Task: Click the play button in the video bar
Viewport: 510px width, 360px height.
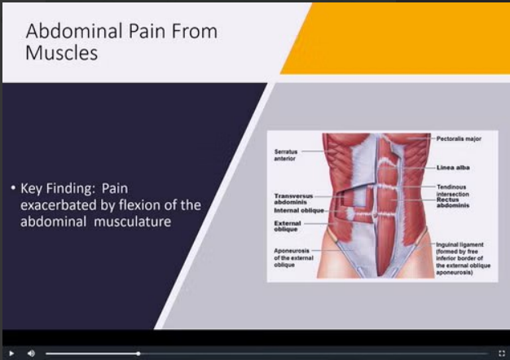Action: tap(11, 353)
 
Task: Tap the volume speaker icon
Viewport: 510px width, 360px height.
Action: tap(31, 353)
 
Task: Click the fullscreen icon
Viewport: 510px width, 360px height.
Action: tap(502, 353)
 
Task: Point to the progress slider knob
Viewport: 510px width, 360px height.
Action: tap(138, 353)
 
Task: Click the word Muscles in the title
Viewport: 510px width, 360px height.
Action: tap(61, 53)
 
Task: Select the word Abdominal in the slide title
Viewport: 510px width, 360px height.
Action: tap(74, 31)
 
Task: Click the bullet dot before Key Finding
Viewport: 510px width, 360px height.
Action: tap(13, 187)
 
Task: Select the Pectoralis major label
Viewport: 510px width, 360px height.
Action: tap(459, 138)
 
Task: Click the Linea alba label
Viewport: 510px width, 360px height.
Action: tap(453, 168)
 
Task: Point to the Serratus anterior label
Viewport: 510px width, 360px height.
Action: tap(286, 155)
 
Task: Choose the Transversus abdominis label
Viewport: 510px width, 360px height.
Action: tap(293, 199)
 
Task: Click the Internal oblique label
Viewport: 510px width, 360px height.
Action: tap(299, 211)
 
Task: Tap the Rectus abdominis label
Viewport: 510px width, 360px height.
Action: tap(453, 203)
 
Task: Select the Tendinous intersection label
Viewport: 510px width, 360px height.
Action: tap(453, 191)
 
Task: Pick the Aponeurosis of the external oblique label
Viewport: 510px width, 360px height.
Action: tap(293, 258)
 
